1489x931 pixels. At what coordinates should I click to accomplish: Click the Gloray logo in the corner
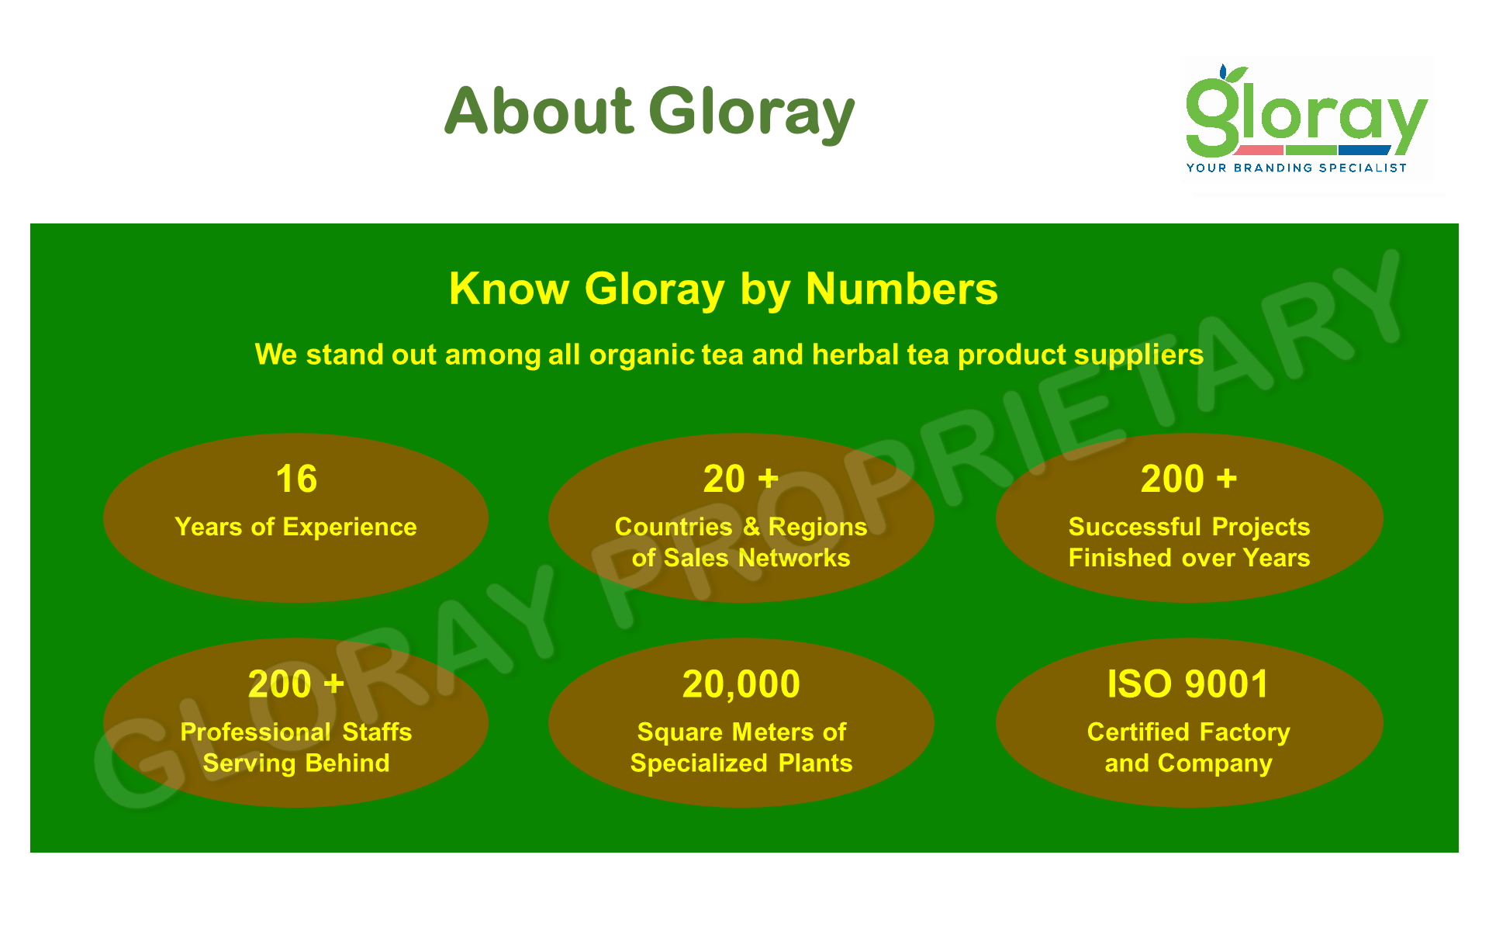pyautogui.click(x=1307, y=119)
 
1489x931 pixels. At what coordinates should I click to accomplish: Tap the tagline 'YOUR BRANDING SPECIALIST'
pyautogui.click(x=1296, y=168)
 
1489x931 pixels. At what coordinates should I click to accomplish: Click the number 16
pyautogui.click(x=296, y=479)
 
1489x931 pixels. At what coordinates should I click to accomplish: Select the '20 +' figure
pyautogui.click(x=741, y=479)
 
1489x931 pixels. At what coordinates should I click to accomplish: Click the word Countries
pyautogui.click(x=673, y=527)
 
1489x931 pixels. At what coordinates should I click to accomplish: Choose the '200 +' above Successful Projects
pyautogui.click(x=1188, y=479)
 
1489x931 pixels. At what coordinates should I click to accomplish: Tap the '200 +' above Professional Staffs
pyautogui.click(x=295, y=684)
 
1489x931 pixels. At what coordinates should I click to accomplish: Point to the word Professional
pyautogui.click(x=255, y=732)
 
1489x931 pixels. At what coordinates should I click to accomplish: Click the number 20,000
pyautogui.click(x=741, y=684)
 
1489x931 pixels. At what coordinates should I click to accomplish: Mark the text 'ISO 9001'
pyautogui.click(x=1187, y=684)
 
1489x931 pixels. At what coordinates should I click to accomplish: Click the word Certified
pyautogui.click(x=1138, y=732)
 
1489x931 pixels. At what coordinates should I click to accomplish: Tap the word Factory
pyautogui.click(x=1244, y=732)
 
